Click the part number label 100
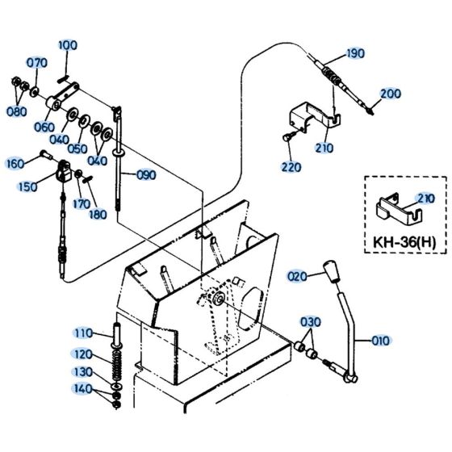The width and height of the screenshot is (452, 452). coord(68,45)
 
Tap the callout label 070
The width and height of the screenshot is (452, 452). coord(38,63)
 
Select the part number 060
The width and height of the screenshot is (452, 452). coord(45,127)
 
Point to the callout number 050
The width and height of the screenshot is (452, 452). coord(77,149)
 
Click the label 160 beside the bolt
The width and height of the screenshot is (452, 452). coord(15,163)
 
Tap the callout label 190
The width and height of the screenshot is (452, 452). coord(355,54)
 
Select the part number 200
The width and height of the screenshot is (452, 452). coord(390,94)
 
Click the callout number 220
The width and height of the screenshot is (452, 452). coord(291,167)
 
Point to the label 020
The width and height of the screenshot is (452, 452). coord(297,276)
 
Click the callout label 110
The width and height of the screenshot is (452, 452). coord(84,333)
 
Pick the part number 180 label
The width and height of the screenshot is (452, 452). coord(98,214)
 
